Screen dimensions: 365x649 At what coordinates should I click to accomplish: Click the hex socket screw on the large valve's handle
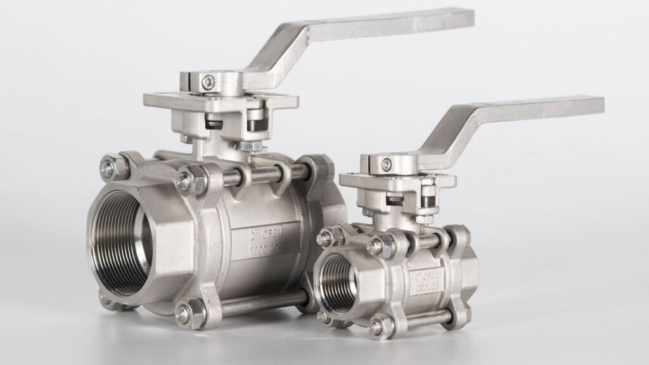click(x=208, y=81)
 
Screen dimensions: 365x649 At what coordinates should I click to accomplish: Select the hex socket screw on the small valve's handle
click(x=385, y=165)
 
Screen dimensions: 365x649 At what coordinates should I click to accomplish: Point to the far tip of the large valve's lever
click(x=466, y=17)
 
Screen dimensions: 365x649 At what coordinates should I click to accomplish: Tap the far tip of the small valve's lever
click(x=596, y=105)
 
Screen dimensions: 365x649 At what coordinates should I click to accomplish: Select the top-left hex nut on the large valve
click(x=108, y=169)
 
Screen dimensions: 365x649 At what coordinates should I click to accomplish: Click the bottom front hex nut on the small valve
click(x=376, y=326)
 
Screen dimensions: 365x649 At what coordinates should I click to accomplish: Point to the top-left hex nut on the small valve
click(x=324, y=238)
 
